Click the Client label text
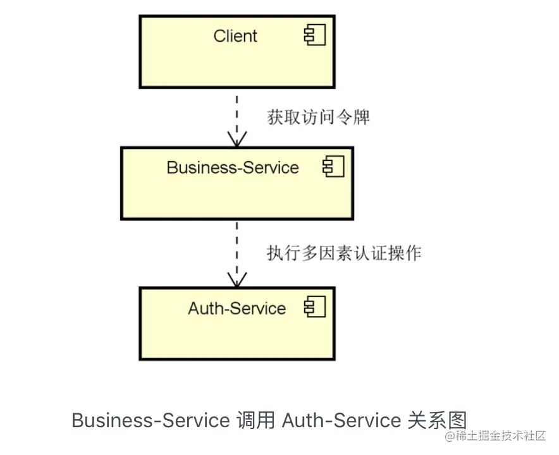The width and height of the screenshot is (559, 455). pyautogui.click(x=235, y=36)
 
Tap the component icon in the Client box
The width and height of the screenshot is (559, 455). pyautogui.click(x=315, y=35)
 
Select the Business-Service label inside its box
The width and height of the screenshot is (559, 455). pyautogui.click(x=233, y=167)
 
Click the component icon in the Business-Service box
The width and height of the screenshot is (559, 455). pyautogui.click(x=333, y=166)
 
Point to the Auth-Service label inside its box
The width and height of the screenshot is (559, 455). pyautogui.click(x=236, y=308)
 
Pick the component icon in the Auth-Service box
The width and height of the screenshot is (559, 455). pyautogui.click(x=315, y=306)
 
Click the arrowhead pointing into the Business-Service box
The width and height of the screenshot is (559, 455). pyautogui.click(x=237, y=139)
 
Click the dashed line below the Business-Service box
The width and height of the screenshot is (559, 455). pyautogui.click(x=237, y=253)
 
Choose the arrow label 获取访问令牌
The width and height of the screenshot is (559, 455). pyautogui.click(x=318, y=117)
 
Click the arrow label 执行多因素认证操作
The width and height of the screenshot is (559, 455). pyautogui.click(x=344, y=253)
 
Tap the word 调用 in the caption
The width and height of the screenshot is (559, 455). pyautogui.click(x=255, y=420)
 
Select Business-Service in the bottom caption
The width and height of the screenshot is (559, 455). pyautogui.click(x=150, y=420)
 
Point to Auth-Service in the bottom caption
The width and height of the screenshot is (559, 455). pyautogui.click(x=341, y=420)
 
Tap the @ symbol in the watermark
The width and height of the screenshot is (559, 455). pyautogui.click(x=450, y=435)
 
